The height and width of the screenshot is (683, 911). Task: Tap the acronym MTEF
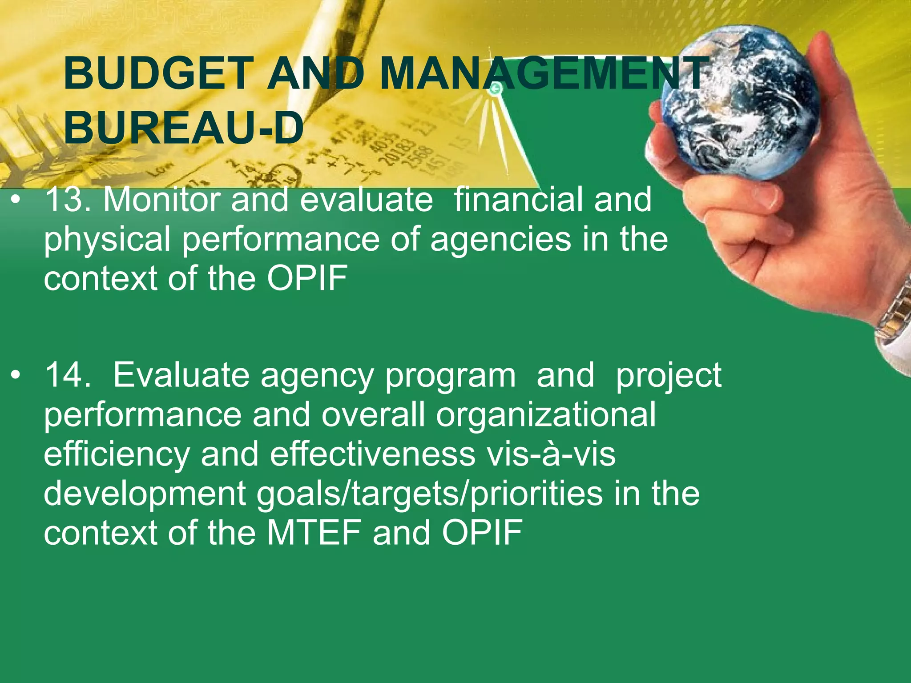[314, 533]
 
